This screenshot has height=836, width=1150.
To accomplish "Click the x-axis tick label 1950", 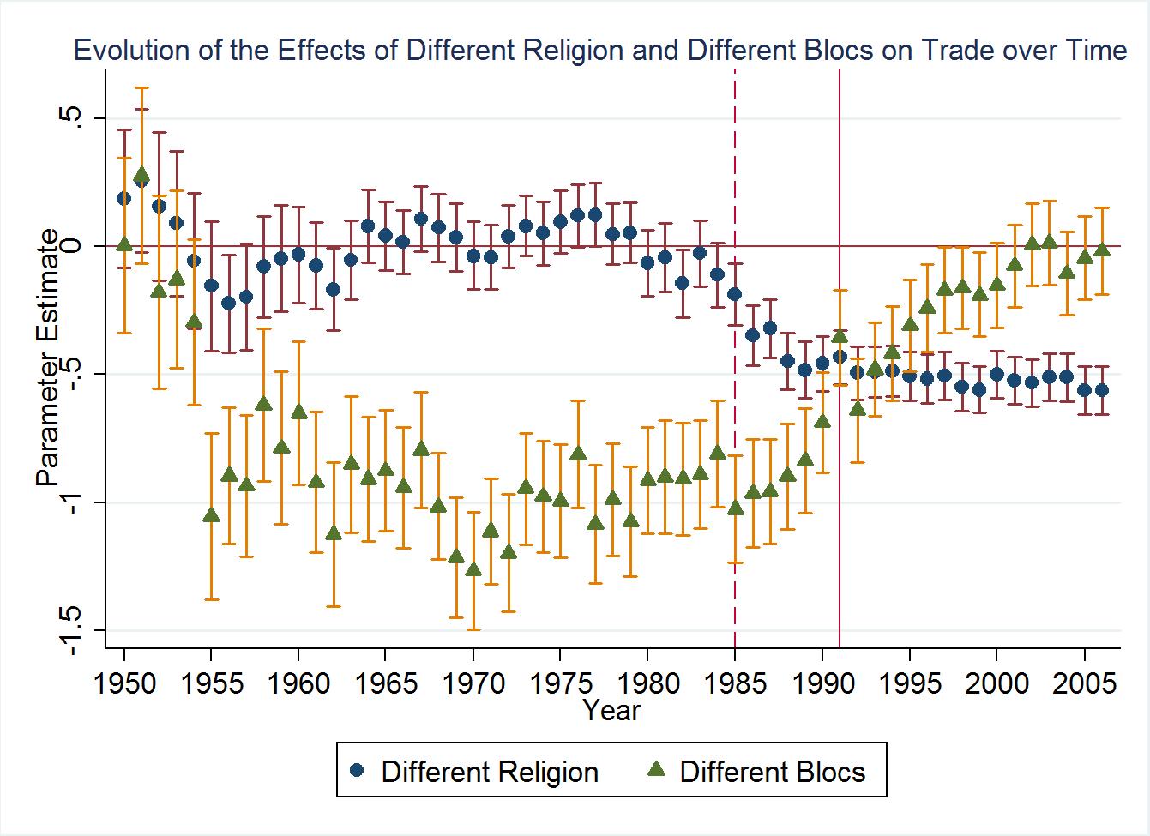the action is pyautogui.click(x=124, y=683).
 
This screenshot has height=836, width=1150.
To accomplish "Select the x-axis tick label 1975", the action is pyautogui.click(x=561, y=683).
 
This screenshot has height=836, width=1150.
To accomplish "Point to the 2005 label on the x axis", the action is pyautogui.click(x=1084, y=683).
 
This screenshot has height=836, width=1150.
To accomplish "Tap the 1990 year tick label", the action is pyautogui.click(x=822, y=683).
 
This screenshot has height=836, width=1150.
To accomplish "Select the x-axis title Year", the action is pyautogui.click(x=611, y=710).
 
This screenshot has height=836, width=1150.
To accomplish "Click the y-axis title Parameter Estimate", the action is pyautogui.click(x=48, y=358).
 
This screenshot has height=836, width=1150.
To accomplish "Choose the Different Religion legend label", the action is pyautogui.click(x=490, y=772).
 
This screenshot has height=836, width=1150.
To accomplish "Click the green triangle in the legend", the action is pyautogui.click(x=657, y=769).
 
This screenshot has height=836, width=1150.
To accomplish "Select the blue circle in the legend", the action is pyautogui.click(x=357, y=770).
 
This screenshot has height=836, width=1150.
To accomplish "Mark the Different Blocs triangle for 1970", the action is pyautogui.click(x=473, y=569).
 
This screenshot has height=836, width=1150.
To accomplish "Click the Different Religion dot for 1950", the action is pyautogui.click(x=124, y=198).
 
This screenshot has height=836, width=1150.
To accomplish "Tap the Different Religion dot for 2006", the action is pyautogui.click(x=1102, y=390).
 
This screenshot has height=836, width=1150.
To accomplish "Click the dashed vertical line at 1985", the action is pyautogui.click(x=735, y=358).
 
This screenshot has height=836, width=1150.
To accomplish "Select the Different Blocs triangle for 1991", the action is pyautogui.click(x=840, y=335).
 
